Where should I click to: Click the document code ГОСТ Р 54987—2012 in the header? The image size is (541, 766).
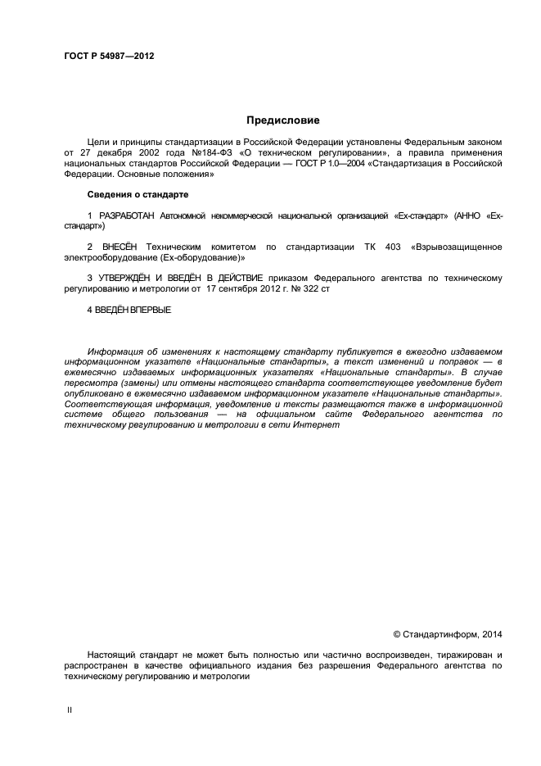click(x=109, y=57)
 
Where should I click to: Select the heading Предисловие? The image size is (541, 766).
click(x=271, y=120)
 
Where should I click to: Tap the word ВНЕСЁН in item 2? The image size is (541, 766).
click(x=119, y=247)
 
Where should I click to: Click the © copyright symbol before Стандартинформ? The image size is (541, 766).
click(x=397, y=633)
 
